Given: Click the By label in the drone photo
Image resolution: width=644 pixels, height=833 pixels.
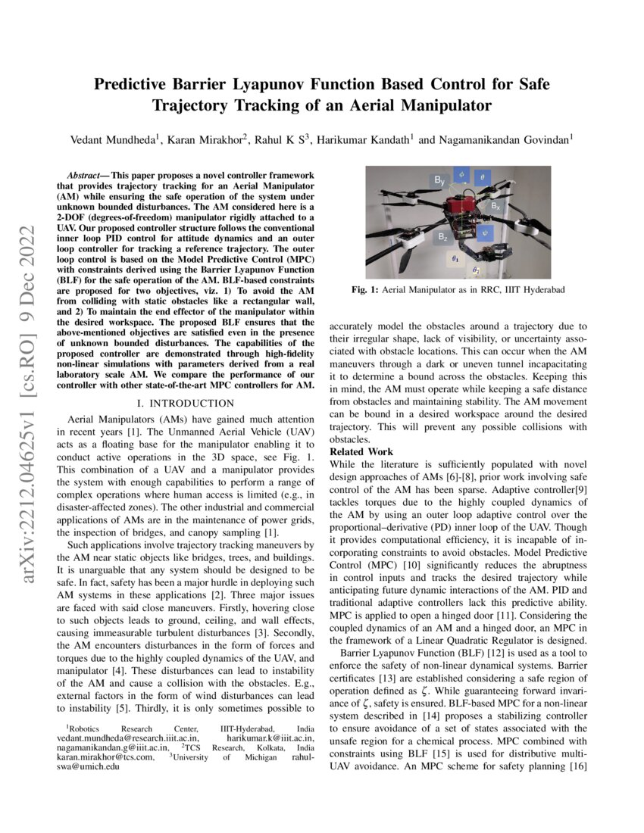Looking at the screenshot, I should pyautogui.click(x=439, y=180).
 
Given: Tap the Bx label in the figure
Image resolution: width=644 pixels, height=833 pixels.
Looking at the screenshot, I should pyautogui.click(x=493, y=205).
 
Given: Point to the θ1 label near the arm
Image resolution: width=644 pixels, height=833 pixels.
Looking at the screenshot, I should pyautogui.click(x=455, y=257).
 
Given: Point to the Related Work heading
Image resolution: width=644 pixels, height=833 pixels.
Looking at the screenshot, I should pyautogui.click(x=360, y=452).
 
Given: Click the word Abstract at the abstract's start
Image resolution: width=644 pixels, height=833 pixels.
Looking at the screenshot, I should pyautogui.click(x=83, y=175).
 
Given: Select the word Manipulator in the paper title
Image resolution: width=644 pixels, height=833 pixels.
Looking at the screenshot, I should pyautogui.click(x=446, y=105).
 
